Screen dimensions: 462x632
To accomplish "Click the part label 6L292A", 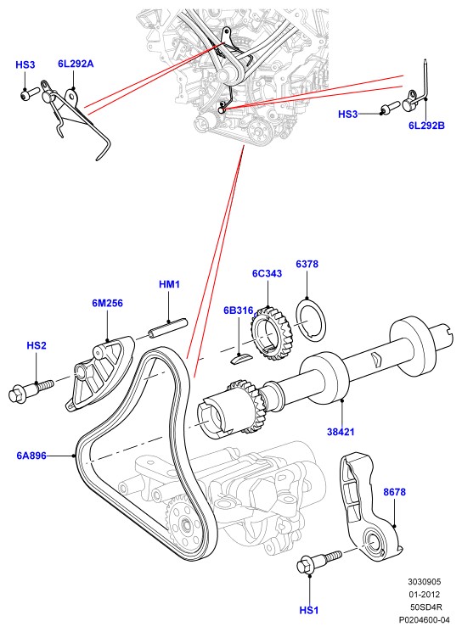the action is (76, 64).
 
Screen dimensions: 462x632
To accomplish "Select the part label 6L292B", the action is (426, 126).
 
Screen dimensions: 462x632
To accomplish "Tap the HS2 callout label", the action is (37, 345).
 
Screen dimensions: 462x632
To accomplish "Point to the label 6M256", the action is (107, 303).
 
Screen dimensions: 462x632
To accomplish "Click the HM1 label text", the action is (169, 284).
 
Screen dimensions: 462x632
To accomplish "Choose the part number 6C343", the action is (268, 273).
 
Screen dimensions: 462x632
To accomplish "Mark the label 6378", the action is (307, 264).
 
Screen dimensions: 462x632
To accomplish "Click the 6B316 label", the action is (239, 310).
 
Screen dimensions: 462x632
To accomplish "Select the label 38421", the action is (341, 432).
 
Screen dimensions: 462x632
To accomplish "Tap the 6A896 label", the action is (31, 456).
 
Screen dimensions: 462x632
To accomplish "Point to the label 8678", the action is (394, 492).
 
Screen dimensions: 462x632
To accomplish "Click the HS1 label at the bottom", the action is (308, 610).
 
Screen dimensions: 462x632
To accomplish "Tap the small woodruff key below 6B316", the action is (240, 359).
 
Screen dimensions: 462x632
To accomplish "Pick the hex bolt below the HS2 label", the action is (31, 389).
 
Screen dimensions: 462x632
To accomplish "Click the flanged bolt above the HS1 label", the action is (318, 561).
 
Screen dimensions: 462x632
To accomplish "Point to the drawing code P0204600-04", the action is (424, 619).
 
